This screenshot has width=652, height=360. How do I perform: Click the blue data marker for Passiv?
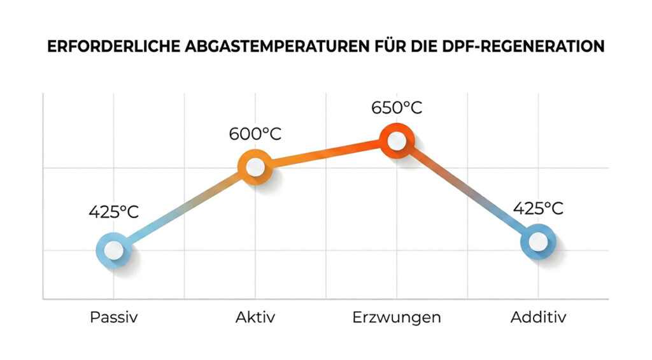[114, 249]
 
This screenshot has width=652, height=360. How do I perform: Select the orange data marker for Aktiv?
[255, 167]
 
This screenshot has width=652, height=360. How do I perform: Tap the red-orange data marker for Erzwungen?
[397, 141]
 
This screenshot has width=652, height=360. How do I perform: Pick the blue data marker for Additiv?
[538, 241]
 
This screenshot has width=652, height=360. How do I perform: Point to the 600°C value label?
[255, 134]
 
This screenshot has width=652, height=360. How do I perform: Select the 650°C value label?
[397, 107]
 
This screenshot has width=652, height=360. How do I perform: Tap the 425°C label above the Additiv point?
[538, 208]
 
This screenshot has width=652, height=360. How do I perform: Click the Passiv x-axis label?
[113, 317]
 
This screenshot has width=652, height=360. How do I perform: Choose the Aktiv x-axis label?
[255, 317]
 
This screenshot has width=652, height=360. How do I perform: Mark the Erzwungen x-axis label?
[397, 317]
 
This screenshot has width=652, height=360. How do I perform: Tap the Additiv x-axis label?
[538, 317]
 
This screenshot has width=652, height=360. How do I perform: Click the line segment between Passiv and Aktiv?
[185, 208]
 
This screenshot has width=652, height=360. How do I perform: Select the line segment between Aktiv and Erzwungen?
[325, 154]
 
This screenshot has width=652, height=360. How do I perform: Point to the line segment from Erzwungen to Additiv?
[467, 191]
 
